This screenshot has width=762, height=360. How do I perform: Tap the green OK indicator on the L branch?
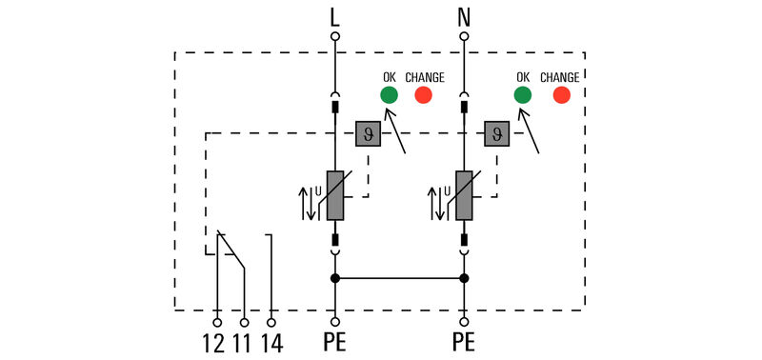[389, 94]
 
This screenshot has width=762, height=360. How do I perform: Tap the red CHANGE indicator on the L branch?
[423, 94]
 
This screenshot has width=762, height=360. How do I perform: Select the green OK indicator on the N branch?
[522, 94]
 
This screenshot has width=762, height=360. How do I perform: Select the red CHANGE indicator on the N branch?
[562, 94]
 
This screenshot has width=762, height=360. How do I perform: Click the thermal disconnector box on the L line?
[368, 134]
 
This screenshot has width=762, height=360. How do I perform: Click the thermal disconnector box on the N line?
[496, 134]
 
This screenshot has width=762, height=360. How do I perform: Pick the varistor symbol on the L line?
[335, 196]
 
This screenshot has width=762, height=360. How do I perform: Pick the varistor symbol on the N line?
[464, 196]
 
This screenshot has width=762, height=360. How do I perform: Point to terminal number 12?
[216, 342]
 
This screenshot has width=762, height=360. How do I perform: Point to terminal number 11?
[245, 342]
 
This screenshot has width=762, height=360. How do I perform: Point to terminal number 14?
[273, 342]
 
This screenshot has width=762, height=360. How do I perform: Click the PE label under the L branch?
[334, 342]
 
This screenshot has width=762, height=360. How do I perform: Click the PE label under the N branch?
[464, 342]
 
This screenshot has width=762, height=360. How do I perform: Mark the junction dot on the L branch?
[334, 278]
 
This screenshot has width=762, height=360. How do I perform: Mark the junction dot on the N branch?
[464, 278]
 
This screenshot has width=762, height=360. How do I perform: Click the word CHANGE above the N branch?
[560, 77]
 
